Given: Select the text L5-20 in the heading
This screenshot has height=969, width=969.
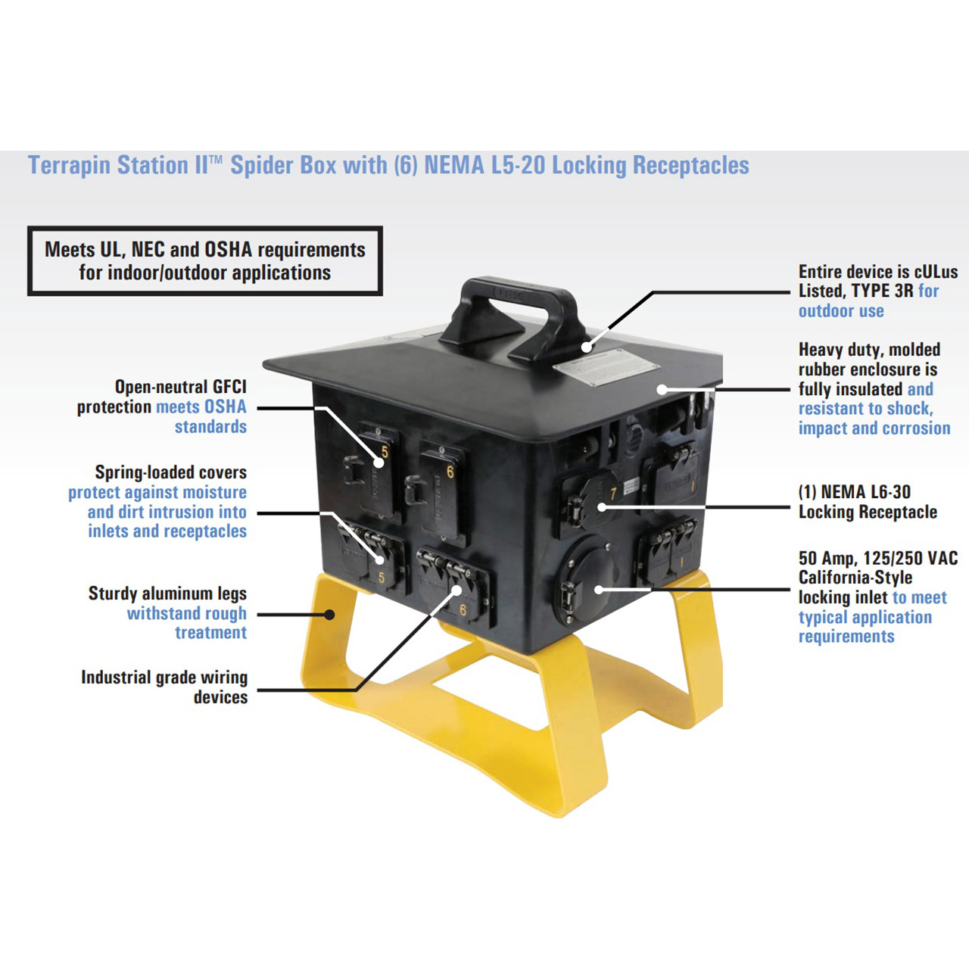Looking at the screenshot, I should (x=518, y=165).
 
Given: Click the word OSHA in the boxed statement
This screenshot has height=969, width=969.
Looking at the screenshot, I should (x=228, y=250).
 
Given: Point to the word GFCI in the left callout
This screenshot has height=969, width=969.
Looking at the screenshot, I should (x=229, y=387).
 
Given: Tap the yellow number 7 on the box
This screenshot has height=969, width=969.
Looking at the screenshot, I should (x=614, y=493).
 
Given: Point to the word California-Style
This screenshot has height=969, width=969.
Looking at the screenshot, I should (x=855, y=578).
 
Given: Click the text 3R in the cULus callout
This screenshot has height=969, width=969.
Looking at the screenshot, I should (x=904, y=291).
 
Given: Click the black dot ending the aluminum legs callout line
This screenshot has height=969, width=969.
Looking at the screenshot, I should (x=329, y=614).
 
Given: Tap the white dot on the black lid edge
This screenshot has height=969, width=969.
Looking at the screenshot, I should (x=662, y=390).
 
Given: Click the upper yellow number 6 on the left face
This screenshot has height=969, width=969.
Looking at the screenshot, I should (x=450, y=472).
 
